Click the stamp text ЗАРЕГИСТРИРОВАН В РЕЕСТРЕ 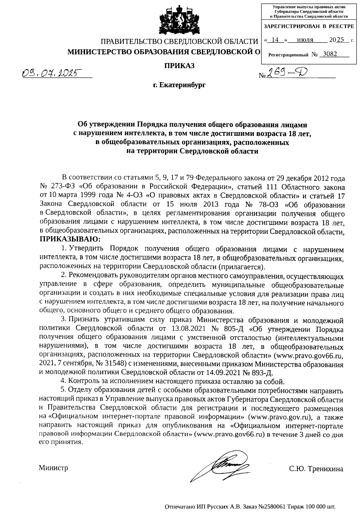[x=309, y=26]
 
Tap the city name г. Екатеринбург [x=179, y=85]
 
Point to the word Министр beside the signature [x=53, y=468]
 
